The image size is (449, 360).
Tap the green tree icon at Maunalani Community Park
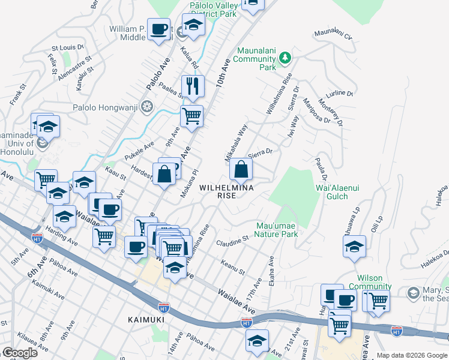coord(286,58)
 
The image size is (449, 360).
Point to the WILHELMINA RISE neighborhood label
coord(226,191)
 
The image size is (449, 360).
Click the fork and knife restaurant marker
coord(193,86)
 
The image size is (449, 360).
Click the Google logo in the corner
coord(20,353)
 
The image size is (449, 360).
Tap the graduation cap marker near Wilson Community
coord(354,246)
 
